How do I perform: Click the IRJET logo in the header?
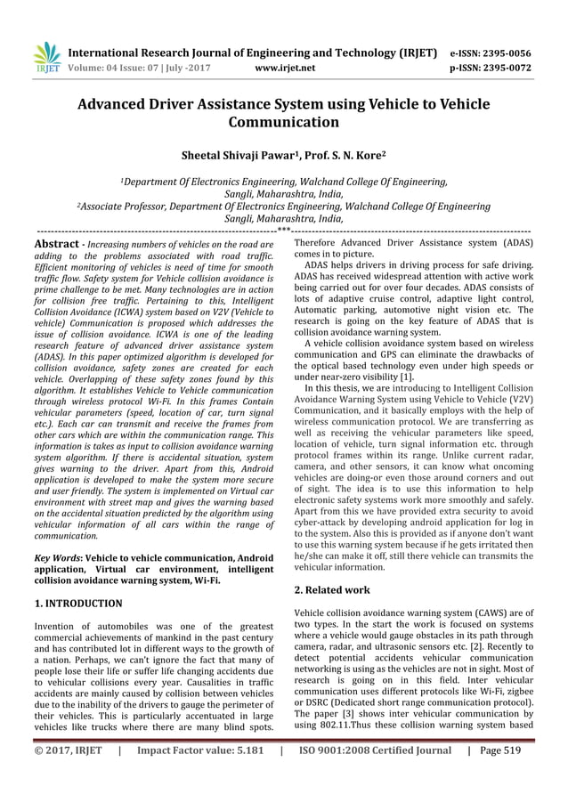45,57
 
